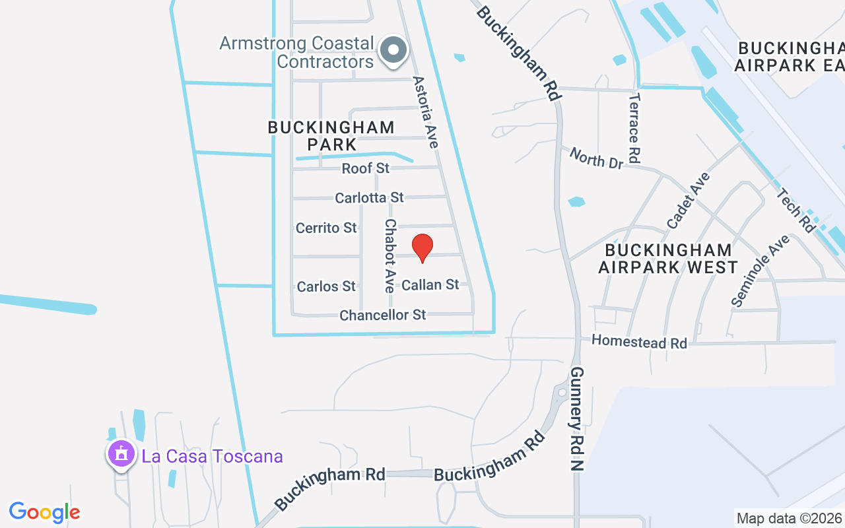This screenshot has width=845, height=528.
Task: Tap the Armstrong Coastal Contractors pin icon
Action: click(x=394, y=50)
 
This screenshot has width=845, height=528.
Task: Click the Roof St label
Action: click(x=366, y=168)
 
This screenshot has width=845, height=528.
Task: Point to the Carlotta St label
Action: click(x=369, y=198)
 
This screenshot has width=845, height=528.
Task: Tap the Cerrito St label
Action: click(x=326, y=228)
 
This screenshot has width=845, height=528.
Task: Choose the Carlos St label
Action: click(x=326, y=286)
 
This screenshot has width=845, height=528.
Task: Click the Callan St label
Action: click(x=430, y=284)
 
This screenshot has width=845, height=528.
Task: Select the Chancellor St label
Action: click(x=383, y=315)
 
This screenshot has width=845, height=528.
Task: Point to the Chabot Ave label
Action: click(x=390, y=256)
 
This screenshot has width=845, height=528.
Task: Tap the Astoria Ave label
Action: click(x=426, y=112)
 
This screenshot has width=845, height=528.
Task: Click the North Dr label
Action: click(x=596, y=158)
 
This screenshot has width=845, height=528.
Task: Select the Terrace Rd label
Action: click(x=634, y=128)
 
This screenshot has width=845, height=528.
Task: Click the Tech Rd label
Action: click(x=796, y=210)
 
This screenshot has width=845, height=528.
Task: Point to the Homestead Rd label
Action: click(x=639, y=341)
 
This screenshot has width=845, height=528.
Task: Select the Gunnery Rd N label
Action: click(x=579, y=418)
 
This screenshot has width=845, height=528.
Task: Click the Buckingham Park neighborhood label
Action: click(x=331, y=135)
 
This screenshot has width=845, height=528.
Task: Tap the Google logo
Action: click(x=44, y=512)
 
